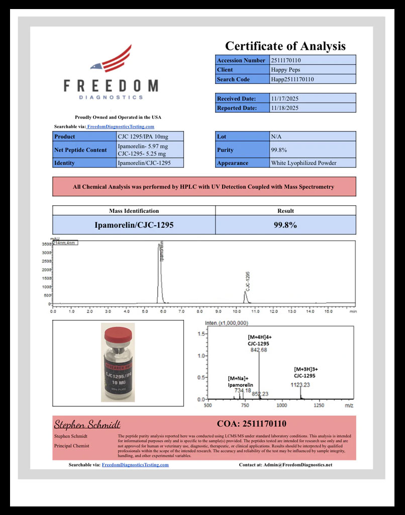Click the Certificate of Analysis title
click(x=285, y=46)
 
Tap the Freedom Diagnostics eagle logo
click(x=111, y=59)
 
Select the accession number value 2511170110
click(x=285, y=60)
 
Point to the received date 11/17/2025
click(x=285, y=99)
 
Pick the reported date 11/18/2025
click(x=285, y=108)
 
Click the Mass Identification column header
click(x=134, y=211)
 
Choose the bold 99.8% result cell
click(x=285, y=225)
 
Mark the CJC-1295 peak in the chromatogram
click(x=246, y=296)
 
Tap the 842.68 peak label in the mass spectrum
click(x=259, y=350)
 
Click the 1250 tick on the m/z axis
click(x=319, y=405)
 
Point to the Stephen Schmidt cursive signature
click(x=87, y=424)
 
